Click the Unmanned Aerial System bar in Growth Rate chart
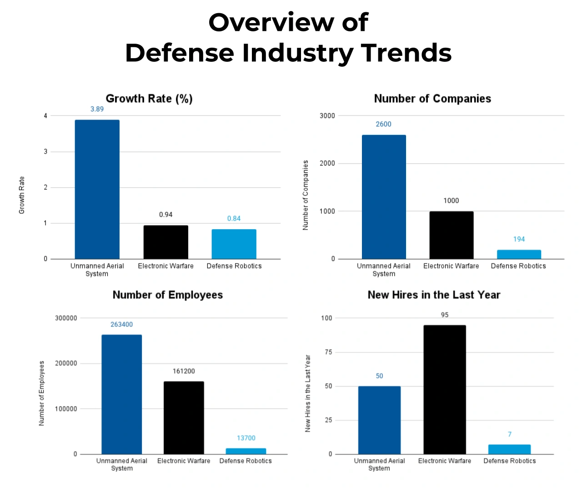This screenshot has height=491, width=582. click(x=97, y=190)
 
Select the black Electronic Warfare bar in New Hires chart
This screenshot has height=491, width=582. click(x=444, y=390)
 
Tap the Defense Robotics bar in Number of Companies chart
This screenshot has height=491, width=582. click(x=519, y=255)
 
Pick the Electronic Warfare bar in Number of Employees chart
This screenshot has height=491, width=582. click(x=184, y=417)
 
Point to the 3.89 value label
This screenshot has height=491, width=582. click(x=97, y=109)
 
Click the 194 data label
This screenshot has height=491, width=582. click(x=519, y=239)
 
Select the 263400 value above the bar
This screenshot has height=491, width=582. click(x=121, y=325)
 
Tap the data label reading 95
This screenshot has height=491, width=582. click(x=445, y=315)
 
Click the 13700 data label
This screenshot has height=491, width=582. click(x=246, y=438)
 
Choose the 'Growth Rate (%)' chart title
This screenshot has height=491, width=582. click(x=149, y=99)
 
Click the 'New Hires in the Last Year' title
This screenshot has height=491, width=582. click(x=434, y=295)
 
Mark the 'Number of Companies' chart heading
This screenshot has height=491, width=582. click(x=432, y=99)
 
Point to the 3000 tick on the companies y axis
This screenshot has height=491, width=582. click(x=327, y=116)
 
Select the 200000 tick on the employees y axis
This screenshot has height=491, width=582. click(x=66, y=363)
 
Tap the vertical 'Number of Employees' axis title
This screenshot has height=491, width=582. click(x=42, y=393)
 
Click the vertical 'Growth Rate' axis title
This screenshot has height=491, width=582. click(x=22, y=195)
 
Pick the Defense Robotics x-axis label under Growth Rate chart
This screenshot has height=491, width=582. click(x=234, y=266)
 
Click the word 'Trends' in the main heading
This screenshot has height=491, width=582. click(x=406, y=53)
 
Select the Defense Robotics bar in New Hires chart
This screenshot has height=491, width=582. click(x=509, y=449)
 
